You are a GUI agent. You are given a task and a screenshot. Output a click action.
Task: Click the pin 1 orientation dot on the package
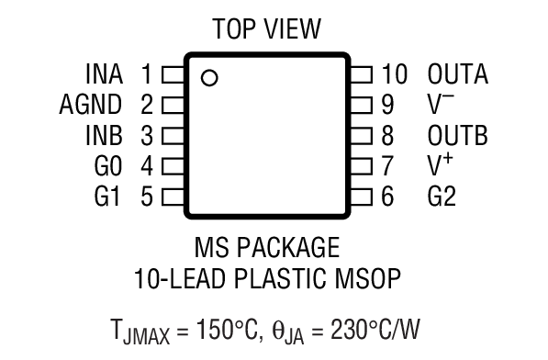click(x=209, y=78)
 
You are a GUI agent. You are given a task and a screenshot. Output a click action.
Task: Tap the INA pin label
click(x=104, y=73)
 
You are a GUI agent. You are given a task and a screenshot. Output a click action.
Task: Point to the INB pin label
click(x=104, y=135)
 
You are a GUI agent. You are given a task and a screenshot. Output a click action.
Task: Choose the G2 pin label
click(x=442, y=196)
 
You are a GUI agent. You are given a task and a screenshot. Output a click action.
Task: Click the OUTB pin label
click(x=457, y=135)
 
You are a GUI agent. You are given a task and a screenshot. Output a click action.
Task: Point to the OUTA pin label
click(x=457, y=73)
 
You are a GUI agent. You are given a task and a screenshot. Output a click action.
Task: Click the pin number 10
click(x=394, y=73)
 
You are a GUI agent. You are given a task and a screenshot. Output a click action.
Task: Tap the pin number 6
click(x=386, y=196)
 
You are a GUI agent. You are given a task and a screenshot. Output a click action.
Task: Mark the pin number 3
click(x=147, y=135)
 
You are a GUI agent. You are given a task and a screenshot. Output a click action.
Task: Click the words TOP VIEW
click(x=267, y=29)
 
